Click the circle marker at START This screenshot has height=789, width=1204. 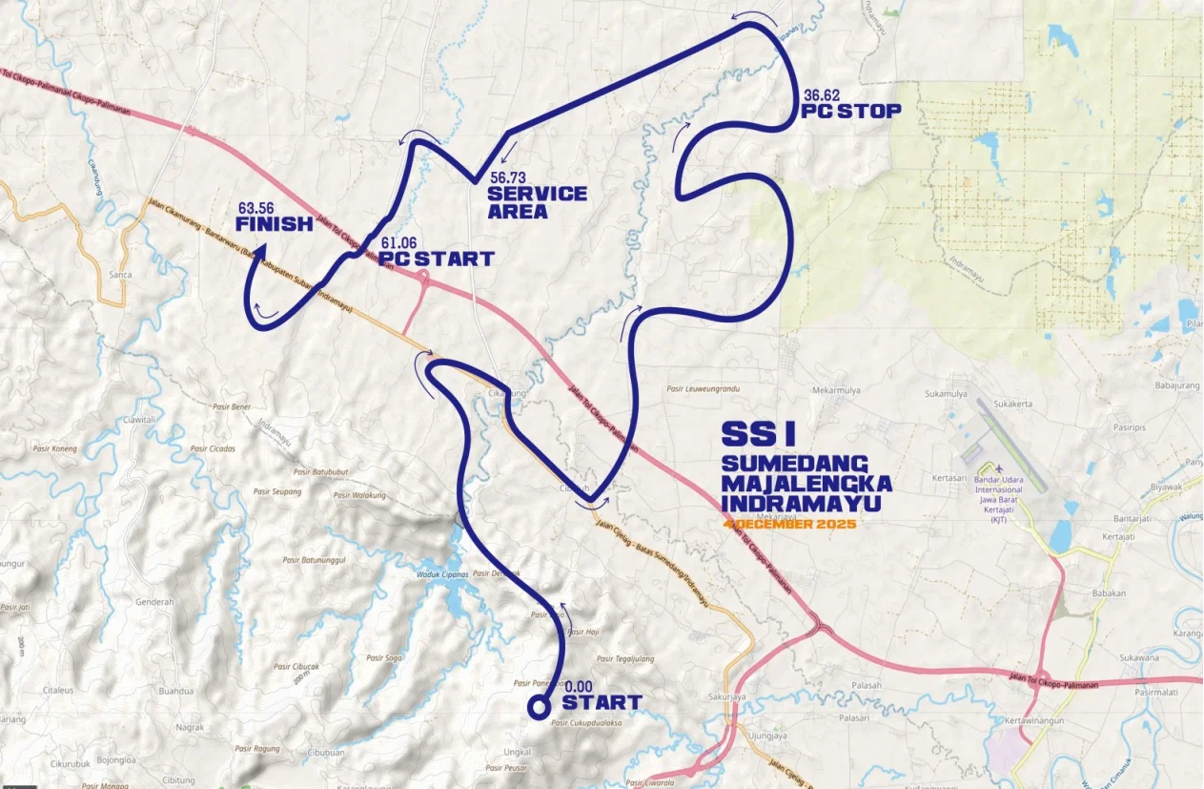click(540, 707)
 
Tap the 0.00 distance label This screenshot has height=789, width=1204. click(579, 686)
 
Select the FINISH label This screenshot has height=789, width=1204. click(275, 225)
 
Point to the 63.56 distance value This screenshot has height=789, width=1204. click(256, 207)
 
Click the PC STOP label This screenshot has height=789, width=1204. click(850, 112)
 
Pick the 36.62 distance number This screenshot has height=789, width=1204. click(822, 95)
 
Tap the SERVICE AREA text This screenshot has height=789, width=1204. click(537, 202)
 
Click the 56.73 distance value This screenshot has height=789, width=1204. click(509, 177)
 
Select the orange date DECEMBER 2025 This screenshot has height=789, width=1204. click(792, 525)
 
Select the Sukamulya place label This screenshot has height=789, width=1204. click(946, 393)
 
